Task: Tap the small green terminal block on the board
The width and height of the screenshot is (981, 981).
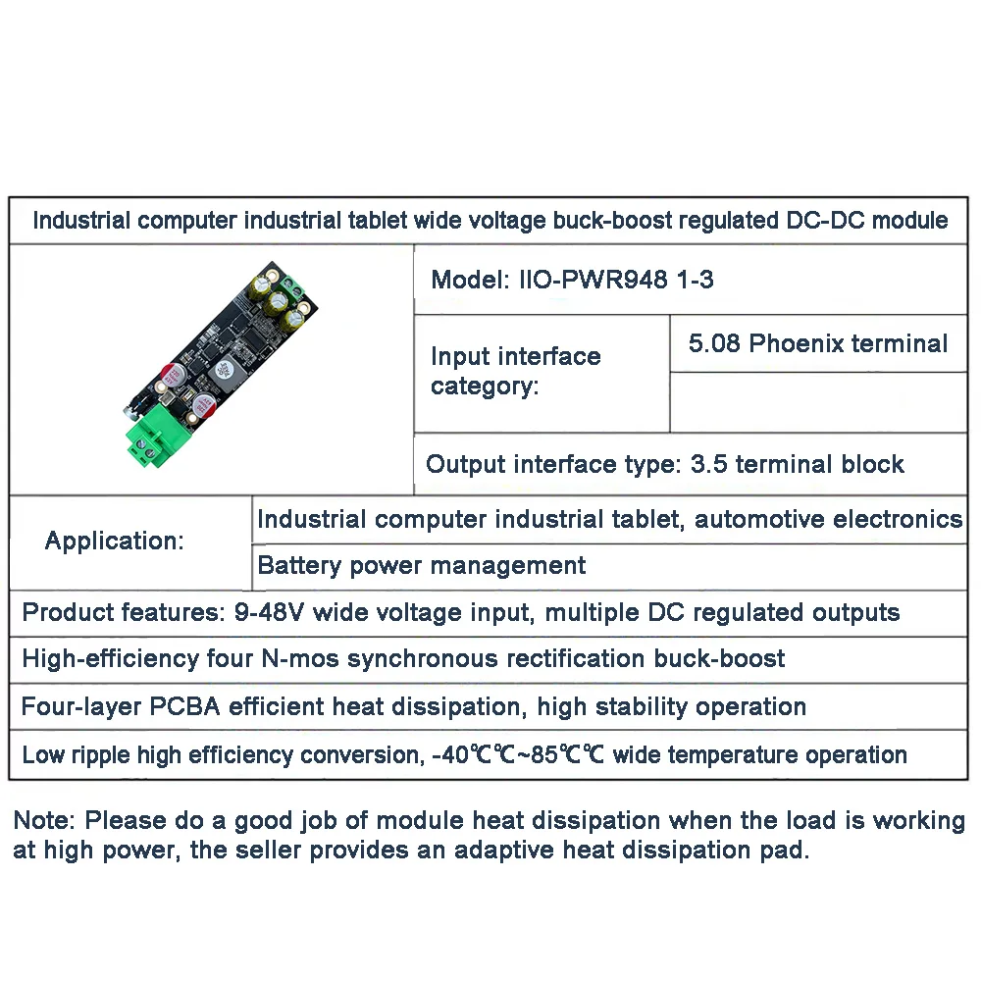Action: [x=290, y=285]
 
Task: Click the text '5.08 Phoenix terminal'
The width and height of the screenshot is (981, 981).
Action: [x=818, y=343]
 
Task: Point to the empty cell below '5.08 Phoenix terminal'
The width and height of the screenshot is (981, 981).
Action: [x=818, y=402]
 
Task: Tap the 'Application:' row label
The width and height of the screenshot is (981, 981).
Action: [x=115, y=541]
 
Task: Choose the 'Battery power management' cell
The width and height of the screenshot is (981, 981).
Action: [x=422, y=566]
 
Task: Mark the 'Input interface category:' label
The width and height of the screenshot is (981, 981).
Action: [x=515, y=371]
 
